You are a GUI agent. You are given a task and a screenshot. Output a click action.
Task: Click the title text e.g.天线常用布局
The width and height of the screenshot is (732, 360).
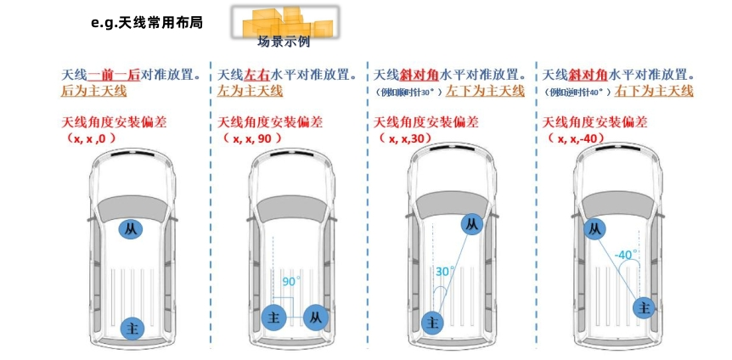click(x=146, y=23)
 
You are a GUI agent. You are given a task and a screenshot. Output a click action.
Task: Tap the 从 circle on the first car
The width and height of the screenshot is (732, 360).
click(x=130, y=229)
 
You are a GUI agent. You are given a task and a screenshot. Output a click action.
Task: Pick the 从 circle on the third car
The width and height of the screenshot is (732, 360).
click(x=472, y=224)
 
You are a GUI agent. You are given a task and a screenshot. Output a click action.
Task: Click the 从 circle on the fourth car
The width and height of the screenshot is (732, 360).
click(x=595, y=228)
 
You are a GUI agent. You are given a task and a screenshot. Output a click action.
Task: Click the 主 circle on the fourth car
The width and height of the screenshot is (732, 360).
click(x=645, y=307)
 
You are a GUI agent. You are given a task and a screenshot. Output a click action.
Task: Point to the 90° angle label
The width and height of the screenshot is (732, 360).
click(x=291, y=281)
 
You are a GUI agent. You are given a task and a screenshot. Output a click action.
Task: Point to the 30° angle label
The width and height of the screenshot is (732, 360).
click(x=445, y=272)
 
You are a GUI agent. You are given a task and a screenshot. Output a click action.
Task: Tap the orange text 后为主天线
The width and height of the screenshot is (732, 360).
click(x=93, y=91)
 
